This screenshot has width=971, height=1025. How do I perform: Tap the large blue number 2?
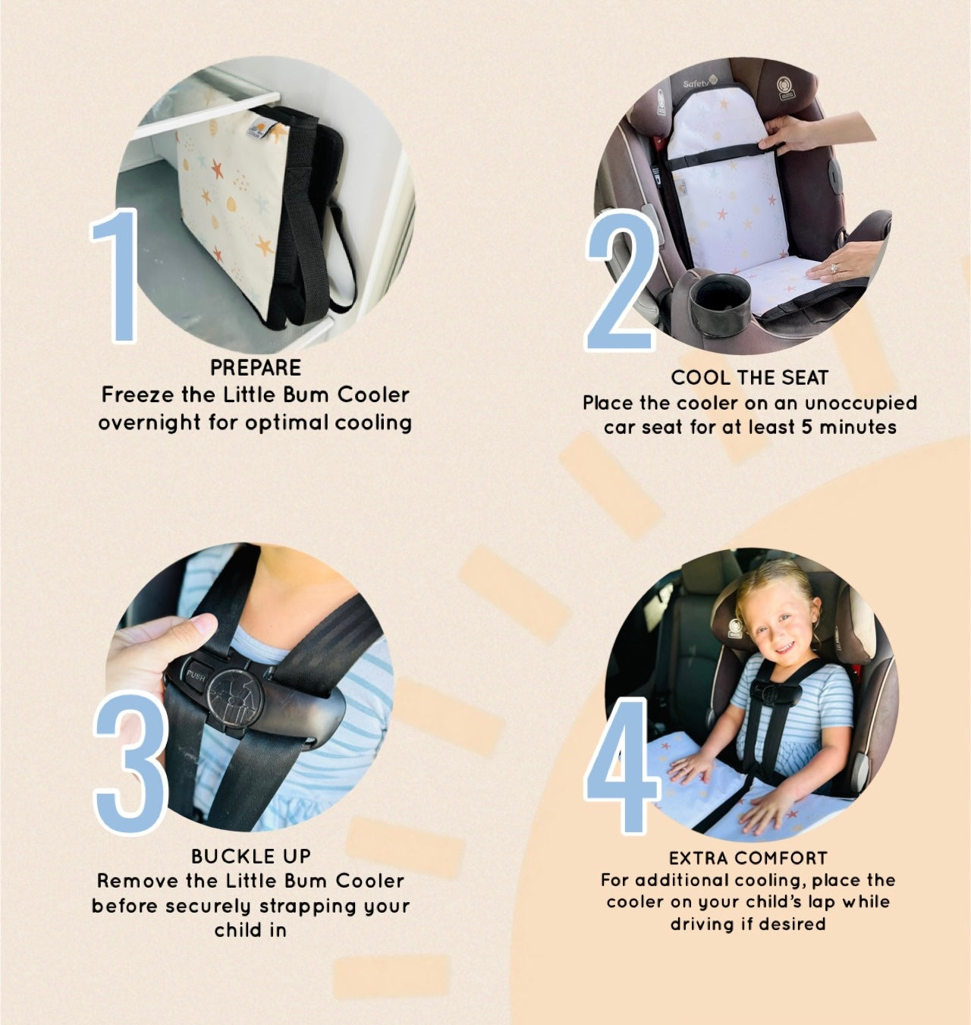pyautogui.click(x=621, y=280)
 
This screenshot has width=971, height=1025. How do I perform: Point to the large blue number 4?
pyautogui.click(x=621, y=766)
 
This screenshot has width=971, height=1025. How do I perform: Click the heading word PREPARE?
pyautogui.click(x=256, y=368)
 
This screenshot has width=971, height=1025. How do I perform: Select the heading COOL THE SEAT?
pyautogui.click(x=749, y=378)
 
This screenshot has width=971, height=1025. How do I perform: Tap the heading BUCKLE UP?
pyautogui.click(x=251, y=856)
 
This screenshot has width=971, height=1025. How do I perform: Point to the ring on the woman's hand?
pyautogui.click(x=833, y=268)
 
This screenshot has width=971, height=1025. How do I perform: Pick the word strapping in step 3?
pyautogui.click(x=308, y=906)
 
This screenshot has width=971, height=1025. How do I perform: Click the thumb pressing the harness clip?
pyautogui.click(x=192, y=626)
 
